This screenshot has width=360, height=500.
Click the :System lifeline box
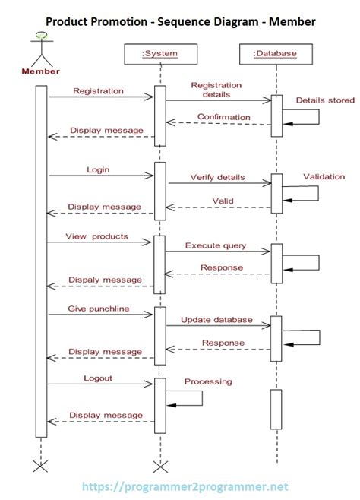point(159,53)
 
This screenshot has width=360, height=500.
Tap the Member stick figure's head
point(41,36)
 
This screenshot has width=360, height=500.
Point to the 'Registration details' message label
point(216,90)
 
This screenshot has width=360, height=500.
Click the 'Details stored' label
point(324,100)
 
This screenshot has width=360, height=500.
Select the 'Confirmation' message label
point(223,117)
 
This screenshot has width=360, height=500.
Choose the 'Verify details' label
point(217,177)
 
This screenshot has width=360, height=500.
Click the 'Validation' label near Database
point(324,176)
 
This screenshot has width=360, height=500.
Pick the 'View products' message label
point(96,236)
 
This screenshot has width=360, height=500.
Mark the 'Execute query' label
point(216,245)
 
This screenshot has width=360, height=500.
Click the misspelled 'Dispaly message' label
point(106,280)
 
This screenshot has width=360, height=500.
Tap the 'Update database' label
point(216,320)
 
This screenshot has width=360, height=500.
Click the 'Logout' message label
point(99,378)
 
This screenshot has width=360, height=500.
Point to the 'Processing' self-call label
point(208,381)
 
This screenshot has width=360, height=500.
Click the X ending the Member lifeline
point(41,464)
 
